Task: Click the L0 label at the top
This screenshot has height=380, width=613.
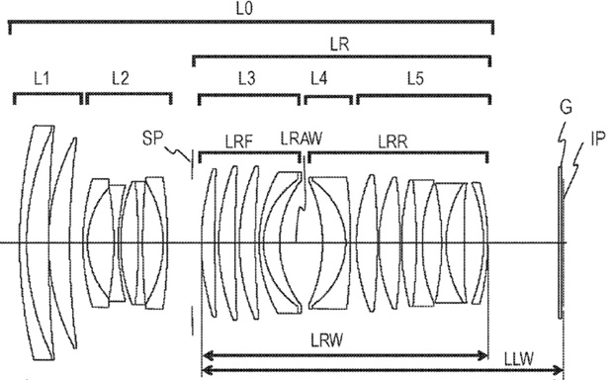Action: coord(244,9)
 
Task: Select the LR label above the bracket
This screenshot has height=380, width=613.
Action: coord(339,45)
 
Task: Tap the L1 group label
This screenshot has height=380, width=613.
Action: coord(42,79)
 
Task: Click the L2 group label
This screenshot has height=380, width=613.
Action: coord(121,78)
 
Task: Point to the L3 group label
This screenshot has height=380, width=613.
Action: coord(247,78)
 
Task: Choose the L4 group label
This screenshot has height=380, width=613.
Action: coord(319,78)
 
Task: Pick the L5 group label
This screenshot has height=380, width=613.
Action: coord(415,78)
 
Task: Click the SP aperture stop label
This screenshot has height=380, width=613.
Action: coord(152,139)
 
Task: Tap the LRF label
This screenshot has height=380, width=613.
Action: coord(239,142)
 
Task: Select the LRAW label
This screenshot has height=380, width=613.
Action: coord(302,139)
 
